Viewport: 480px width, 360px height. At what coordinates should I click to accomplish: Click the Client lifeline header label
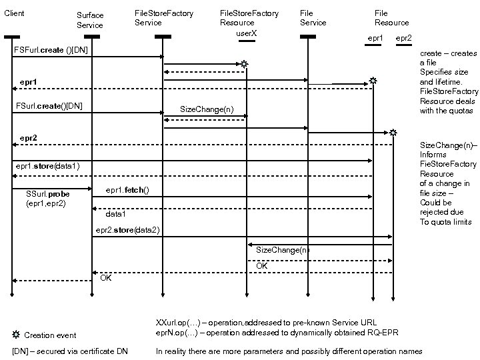[14, 13]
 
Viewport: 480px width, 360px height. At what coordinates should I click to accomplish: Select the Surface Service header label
[90, 20]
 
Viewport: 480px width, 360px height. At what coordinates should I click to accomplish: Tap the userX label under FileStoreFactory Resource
[247, 33]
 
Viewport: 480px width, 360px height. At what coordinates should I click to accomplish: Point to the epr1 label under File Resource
[375, 38]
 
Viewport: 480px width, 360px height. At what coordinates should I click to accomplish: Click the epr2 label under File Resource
[403, 38]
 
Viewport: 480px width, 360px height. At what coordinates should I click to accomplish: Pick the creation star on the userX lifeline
[245, 64]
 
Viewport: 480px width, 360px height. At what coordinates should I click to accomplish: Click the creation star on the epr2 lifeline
[393, 133]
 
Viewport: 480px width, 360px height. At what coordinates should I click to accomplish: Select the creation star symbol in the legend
[16, 334]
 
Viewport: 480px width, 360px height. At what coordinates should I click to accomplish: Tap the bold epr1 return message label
[28, 81]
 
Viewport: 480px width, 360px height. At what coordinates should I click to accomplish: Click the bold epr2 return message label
[28, 137]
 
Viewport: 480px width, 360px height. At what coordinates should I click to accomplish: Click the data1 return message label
[116, 215]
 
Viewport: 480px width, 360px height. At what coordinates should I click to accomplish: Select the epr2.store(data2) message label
[127, 230]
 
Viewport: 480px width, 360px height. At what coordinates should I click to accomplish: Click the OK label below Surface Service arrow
[106, 277]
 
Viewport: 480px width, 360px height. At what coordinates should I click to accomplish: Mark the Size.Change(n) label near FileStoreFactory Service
[207, 109]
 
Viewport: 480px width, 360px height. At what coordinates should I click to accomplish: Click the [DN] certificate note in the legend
[70, 351]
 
